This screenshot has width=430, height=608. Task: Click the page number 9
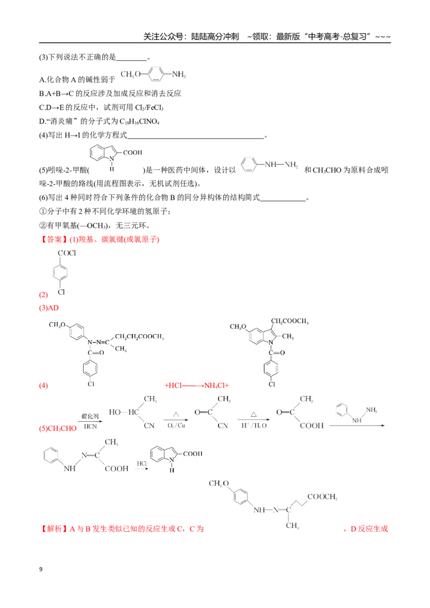coord(41,569)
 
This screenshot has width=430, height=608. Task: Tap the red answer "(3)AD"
coord(49,308)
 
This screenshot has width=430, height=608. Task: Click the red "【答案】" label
coord(54,240)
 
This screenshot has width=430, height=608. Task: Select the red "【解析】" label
coord(54,529)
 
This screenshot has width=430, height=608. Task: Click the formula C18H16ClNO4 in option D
coord(139,121)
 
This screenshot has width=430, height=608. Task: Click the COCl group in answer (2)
coord(67,253)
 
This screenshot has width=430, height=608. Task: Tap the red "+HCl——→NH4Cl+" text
coord(197,386)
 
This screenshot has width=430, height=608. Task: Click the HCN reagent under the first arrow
coord(90,426)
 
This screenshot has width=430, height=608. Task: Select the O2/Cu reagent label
coord(176,426)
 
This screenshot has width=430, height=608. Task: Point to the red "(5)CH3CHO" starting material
coord(58,429)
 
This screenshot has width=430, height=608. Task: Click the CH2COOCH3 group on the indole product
coord(290,321)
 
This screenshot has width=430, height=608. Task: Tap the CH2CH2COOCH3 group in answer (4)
coord(139,337)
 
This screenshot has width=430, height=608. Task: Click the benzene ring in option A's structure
coord(156,74)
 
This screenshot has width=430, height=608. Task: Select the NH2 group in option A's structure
coord(179,75)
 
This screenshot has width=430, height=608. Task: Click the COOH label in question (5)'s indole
coord(133,153)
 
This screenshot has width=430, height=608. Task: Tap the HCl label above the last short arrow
coord(142,464)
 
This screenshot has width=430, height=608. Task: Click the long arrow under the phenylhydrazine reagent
coord(357,426)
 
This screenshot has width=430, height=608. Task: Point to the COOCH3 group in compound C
coord(322,497)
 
